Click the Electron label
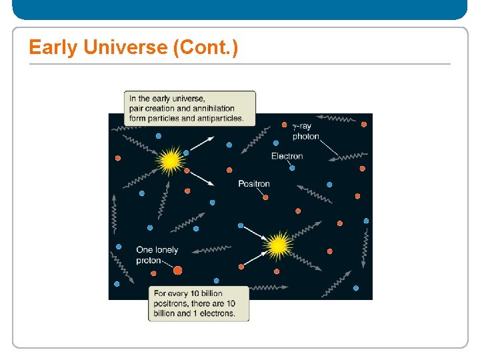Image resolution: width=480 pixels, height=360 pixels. (287, 156)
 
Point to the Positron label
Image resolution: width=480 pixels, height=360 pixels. (254, 183)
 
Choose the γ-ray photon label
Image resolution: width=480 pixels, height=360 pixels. (306, 131)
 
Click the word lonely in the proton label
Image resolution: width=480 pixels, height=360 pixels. (167, 250)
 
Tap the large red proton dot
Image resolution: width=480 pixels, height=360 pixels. (177, 270)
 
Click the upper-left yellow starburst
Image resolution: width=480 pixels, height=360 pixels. (171, 161)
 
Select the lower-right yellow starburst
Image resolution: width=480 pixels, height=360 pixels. (278, 246)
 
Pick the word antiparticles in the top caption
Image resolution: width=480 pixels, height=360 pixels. (220, 119)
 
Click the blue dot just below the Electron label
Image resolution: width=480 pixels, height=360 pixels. (292, 168)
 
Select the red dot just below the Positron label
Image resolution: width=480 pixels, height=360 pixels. (265, 197)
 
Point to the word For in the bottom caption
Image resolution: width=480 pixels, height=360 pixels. (161, 293)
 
